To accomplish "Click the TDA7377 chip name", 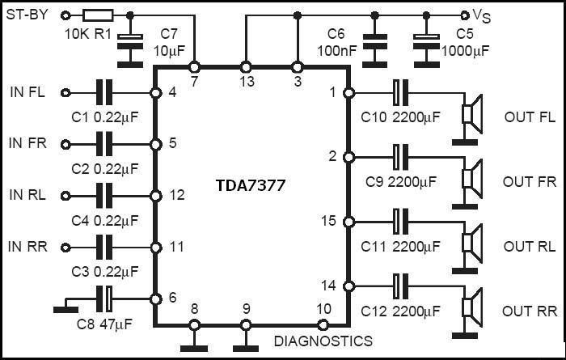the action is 251,185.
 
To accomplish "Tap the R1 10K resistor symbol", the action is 98,15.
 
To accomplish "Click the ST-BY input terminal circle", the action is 65,15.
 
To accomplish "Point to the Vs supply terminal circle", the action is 465,15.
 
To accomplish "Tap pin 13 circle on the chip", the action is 246,67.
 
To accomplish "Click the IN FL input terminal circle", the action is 65,93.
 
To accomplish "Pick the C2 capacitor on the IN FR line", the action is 104,144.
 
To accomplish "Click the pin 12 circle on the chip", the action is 155,196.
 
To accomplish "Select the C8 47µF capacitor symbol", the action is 104,299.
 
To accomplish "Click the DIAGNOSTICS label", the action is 323,341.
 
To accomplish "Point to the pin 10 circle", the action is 323,325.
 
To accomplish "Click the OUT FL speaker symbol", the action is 472,114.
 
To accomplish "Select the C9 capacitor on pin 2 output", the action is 401,157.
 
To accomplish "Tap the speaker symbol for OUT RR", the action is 472,307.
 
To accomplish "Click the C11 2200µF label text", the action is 400,247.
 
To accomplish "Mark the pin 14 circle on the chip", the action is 348,286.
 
